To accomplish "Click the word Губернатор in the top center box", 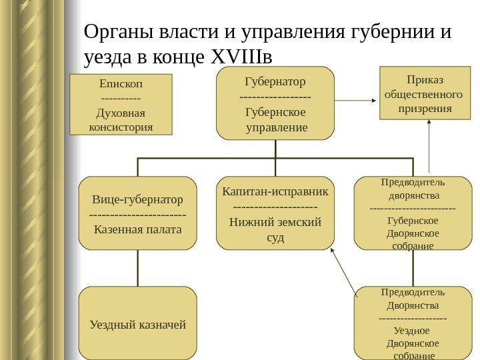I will coord(275,81).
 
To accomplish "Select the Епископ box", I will coord(121,104).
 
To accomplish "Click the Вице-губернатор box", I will coord(137,213).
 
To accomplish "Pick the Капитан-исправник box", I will coord(275,213).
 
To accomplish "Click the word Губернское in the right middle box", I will coord(413,221).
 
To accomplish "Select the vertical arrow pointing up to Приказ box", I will coord(429,147).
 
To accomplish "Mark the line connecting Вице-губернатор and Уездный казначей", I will coord(137,268).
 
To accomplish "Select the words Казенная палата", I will coord(137,230).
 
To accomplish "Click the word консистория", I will coord(121,125).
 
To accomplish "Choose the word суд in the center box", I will coord(275,237).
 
